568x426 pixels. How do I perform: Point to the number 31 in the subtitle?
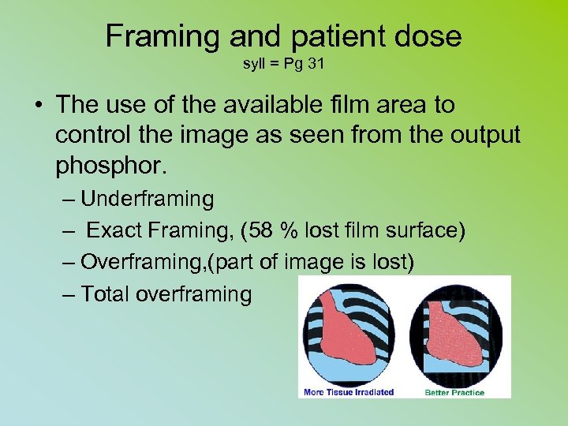tap(316, 63)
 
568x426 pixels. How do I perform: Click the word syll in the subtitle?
tap(254, 63)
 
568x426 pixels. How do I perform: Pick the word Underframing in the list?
tap(147, 199)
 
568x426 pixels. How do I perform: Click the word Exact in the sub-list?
tap(114, 230)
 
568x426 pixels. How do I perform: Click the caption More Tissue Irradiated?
tap(349, 392)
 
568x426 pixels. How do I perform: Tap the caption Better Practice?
tap(454, 392)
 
